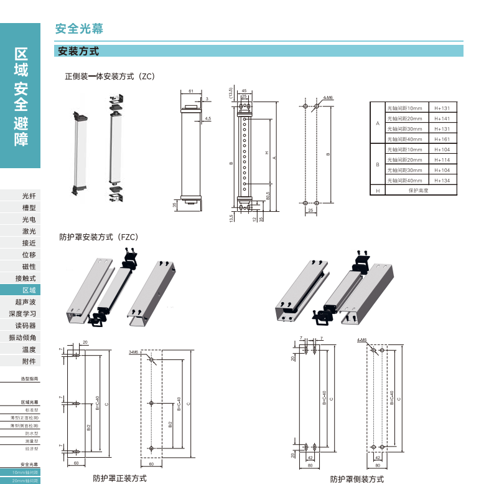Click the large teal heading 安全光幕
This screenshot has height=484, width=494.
[79, 29]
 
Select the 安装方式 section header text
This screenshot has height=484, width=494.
[78, 52]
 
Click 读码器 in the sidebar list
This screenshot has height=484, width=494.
[26, 326]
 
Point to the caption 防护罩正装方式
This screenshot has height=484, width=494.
[119, 478]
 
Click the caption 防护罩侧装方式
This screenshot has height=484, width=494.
[357, 479]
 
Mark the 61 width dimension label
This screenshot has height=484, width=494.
[190, 91]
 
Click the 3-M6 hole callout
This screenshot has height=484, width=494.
[133, 352]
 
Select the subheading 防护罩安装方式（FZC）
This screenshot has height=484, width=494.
[98, 237]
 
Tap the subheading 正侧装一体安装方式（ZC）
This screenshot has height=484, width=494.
[110, 77]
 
